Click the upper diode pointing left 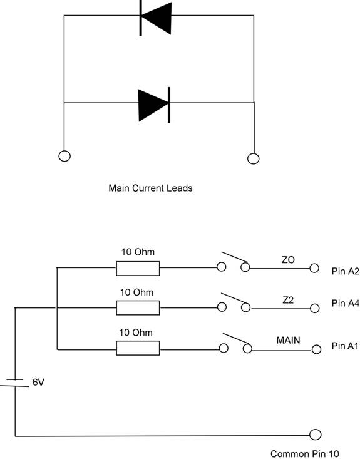click(155, 18)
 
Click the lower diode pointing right click(154, 105)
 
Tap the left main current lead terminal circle click(64, 156)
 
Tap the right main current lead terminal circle click(253, 158)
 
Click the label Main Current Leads click(150, 188)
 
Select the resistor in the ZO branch click(138, 269)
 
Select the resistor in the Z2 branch click(138, 308)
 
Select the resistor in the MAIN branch click(138, 348)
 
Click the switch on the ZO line click(234, 262)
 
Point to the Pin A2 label click(345, 271)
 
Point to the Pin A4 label click(345, 303)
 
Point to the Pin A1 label click(345, 346)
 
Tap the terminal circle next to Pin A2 click(314, 268)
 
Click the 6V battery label click(38, 383)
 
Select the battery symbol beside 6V click(14, 383)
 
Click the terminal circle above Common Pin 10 click(315, 435)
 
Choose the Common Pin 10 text click(305, 454)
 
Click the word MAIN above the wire click(288, 340)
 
